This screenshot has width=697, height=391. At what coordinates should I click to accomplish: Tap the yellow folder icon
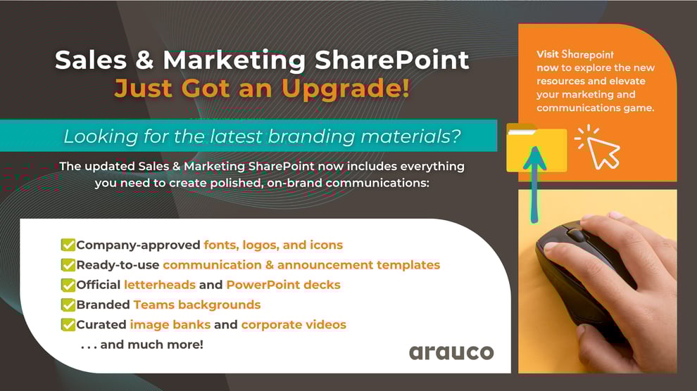(x=536, y=148)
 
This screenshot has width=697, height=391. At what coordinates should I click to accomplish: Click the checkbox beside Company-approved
(x=68, y=245)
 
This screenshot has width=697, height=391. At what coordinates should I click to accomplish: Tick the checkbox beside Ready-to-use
(x=68, y=265)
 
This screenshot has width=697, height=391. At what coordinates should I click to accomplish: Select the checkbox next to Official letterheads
(x=68, y=285)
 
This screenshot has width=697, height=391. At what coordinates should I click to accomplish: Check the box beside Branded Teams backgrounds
(x=68, y=305)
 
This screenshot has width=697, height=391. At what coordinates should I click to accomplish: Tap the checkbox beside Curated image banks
(x=68, y=325)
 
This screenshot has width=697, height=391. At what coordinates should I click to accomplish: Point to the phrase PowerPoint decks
(x=283, y=285)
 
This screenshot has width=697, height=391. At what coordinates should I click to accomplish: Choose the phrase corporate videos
(x=294, y=325)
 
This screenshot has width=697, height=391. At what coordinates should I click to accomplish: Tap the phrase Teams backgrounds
(x=196, y=305)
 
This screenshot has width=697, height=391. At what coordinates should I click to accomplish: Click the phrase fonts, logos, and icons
(x=273, y=245)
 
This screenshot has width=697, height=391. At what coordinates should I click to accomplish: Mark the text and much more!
(x=151, y=345)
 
